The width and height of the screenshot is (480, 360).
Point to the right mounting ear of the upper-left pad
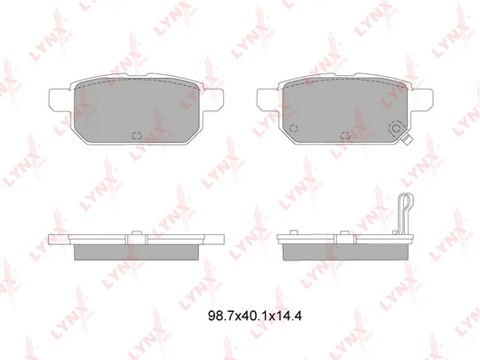pos(212,100)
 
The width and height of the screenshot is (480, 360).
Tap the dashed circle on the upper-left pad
pos(136,135)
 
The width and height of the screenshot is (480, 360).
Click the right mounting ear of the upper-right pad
pos(421,100)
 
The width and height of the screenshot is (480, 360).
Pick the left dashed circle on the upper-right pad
pos(294,128)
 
